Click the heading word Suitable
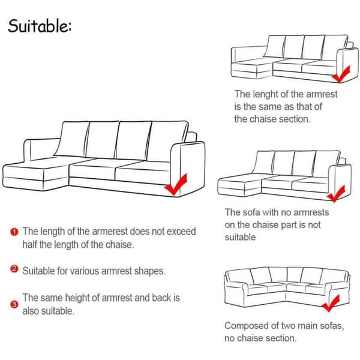[x=40, y=25]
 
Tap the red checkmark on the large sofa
[x=176, y=185]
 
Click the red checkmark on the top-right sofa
[x=341, y=74]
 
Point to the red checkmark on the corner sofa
[x=331, y=303]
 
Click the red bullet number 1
[x=14, y=232]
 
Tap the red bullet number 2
[x=14, y=269]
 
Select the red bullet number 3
[x=14, y=305]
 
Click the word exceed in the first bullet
[x=181, y=232]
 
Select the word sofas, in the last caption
[x=332, y=326]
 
